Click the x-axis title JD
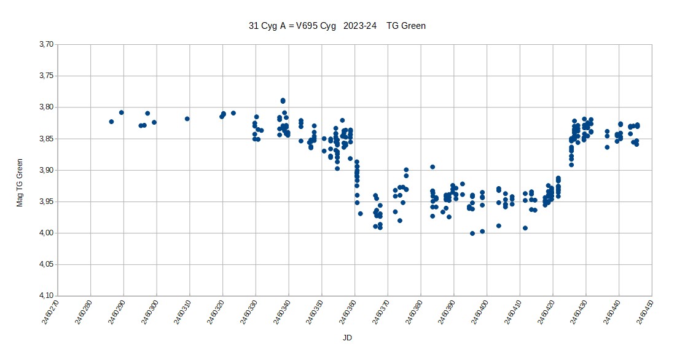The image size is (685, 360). [x=347, y=338]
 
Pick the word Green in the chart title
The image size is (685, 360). [x=413, y=26]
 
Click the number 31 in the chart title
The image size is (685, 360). [x=253, y=26]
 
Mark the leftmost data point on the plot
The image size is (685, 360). [x=111, y=122]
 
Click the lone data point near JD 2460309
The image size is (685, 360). [x=187, y=119]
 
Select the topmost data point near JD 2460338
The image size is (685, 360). [x=283, y=100]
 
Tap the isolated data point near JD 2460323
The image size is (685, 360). [x=233, y=113]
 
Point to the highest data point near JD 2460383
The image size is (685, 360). [x=433, y=166]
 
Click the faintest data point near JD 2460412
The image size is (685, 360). [x=525, y=228]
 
